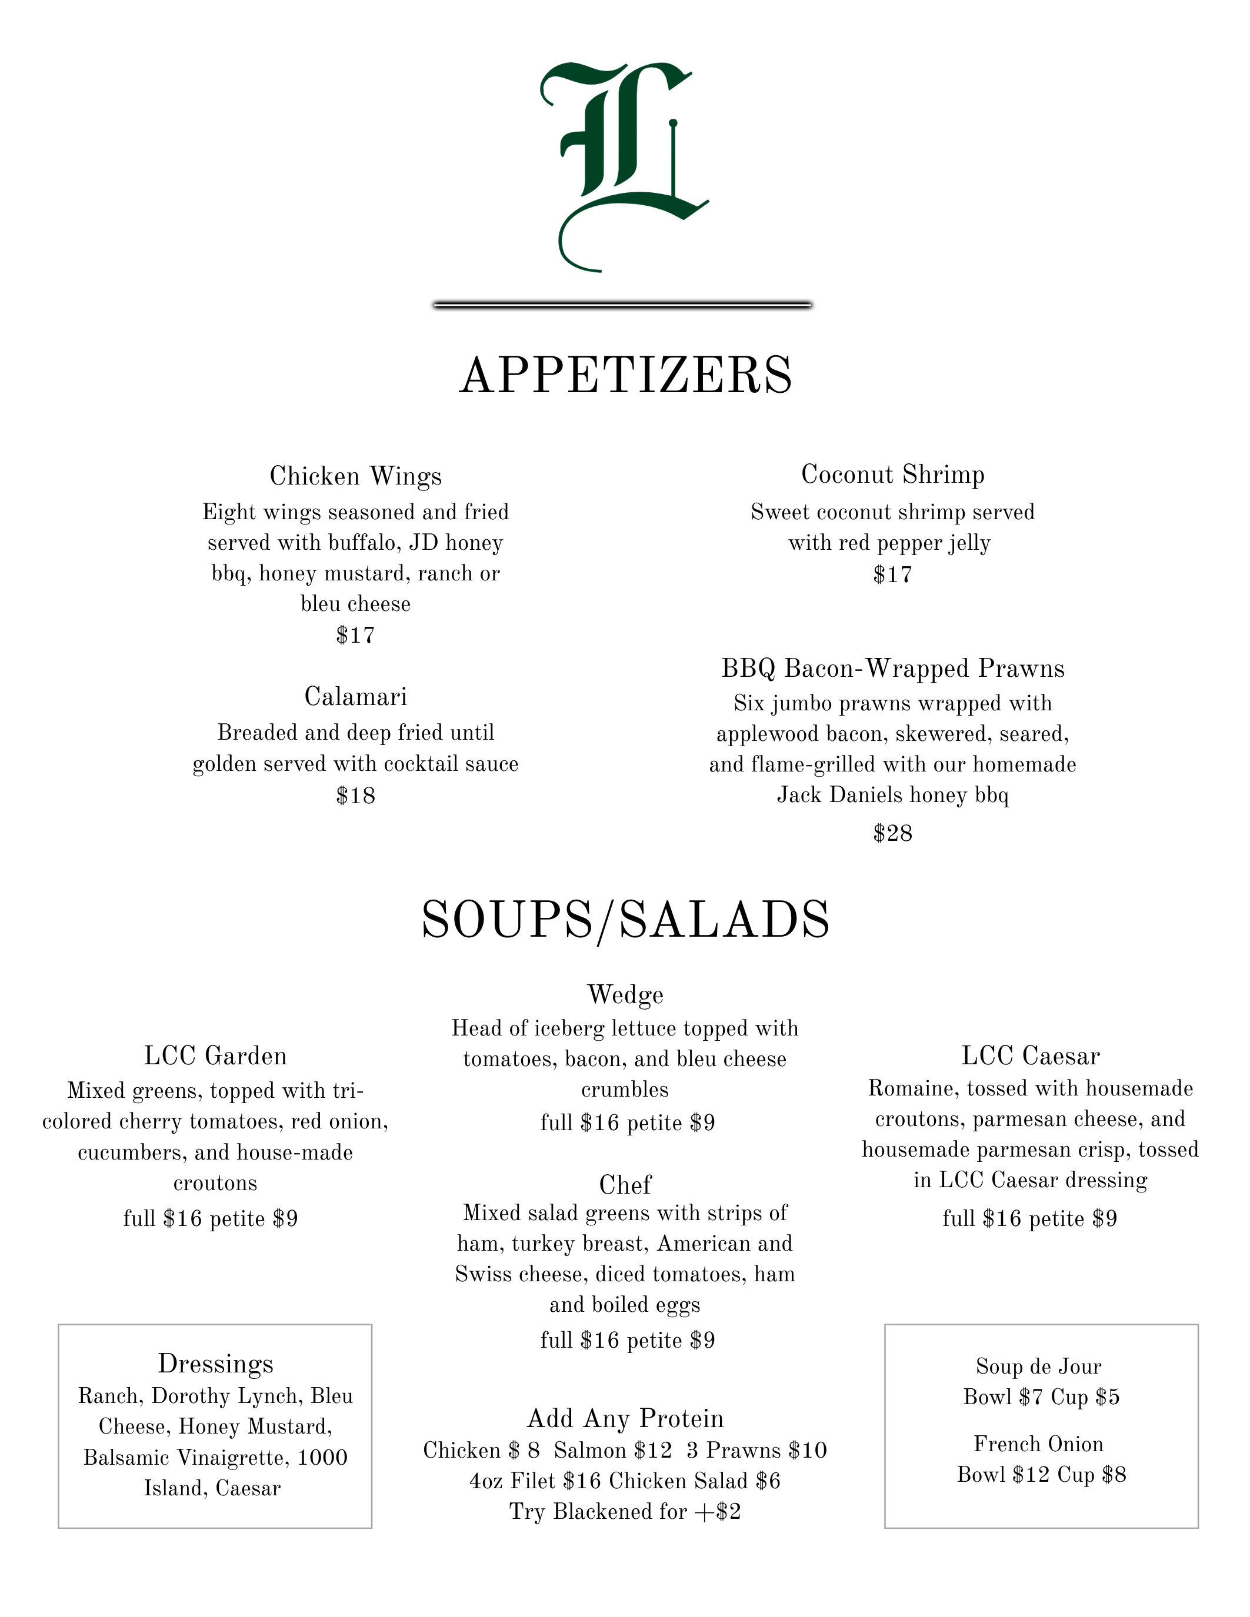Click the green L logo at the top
(x=624, y=166)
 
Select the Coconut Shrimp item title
(x=893, y=475)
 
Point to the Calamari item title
(x=355, y=697)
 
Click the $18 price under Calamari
(x=355, y=796)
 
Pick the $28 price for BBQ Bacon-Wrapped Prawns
(x=893, y=834)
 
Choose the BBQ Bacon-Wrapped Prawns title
(x=893, y=669)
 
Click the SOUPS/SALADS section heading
(x=626, y=920)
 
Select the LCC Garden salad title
(x=215, y=1056)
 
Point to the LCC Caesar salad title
(x=1031, y=1056)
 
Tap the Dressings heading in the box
(x=215, y=1364)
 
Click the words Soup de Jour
(x=1039, y=1367)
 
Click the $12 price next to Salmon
(x=653, y=1451)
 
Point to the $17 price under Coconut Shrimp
(x=893, y=574)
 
